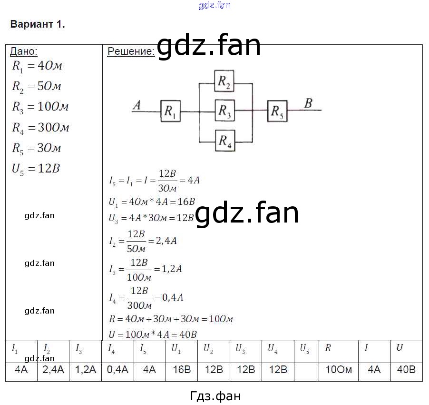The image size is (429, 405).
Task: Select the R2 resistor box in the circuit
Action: [x=224, y=82]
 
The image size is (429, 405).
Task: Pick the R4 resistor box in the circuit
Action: [x=224, y=141]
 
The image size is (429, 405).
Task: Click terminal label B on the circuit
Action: [x=308, y=103]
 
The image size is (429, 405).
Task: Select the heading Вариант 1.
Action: [x=38, y=25]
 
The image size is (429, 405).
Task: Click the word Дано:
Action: [x=24, y=51]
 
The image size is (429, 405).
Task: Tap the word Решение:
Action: [x=131, y=51]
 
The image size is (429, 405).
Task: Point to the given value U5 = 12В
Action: [x=36, y=169]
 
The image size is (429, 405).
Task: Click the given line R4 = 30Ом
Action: [x=41, y=128]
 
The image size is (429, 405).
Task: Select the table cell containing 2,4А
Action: [x=53, y=370]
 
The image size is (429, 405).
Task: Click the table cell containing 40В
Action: [x=406, y=370]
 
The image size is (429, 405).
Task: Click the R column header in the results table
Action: [x=328, y=348]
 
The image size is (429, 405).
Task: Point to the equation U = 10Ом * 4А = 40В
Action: [x=153, y=334]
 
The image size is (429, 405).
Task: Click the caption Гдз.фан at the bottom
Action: [x=215, y=395]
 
